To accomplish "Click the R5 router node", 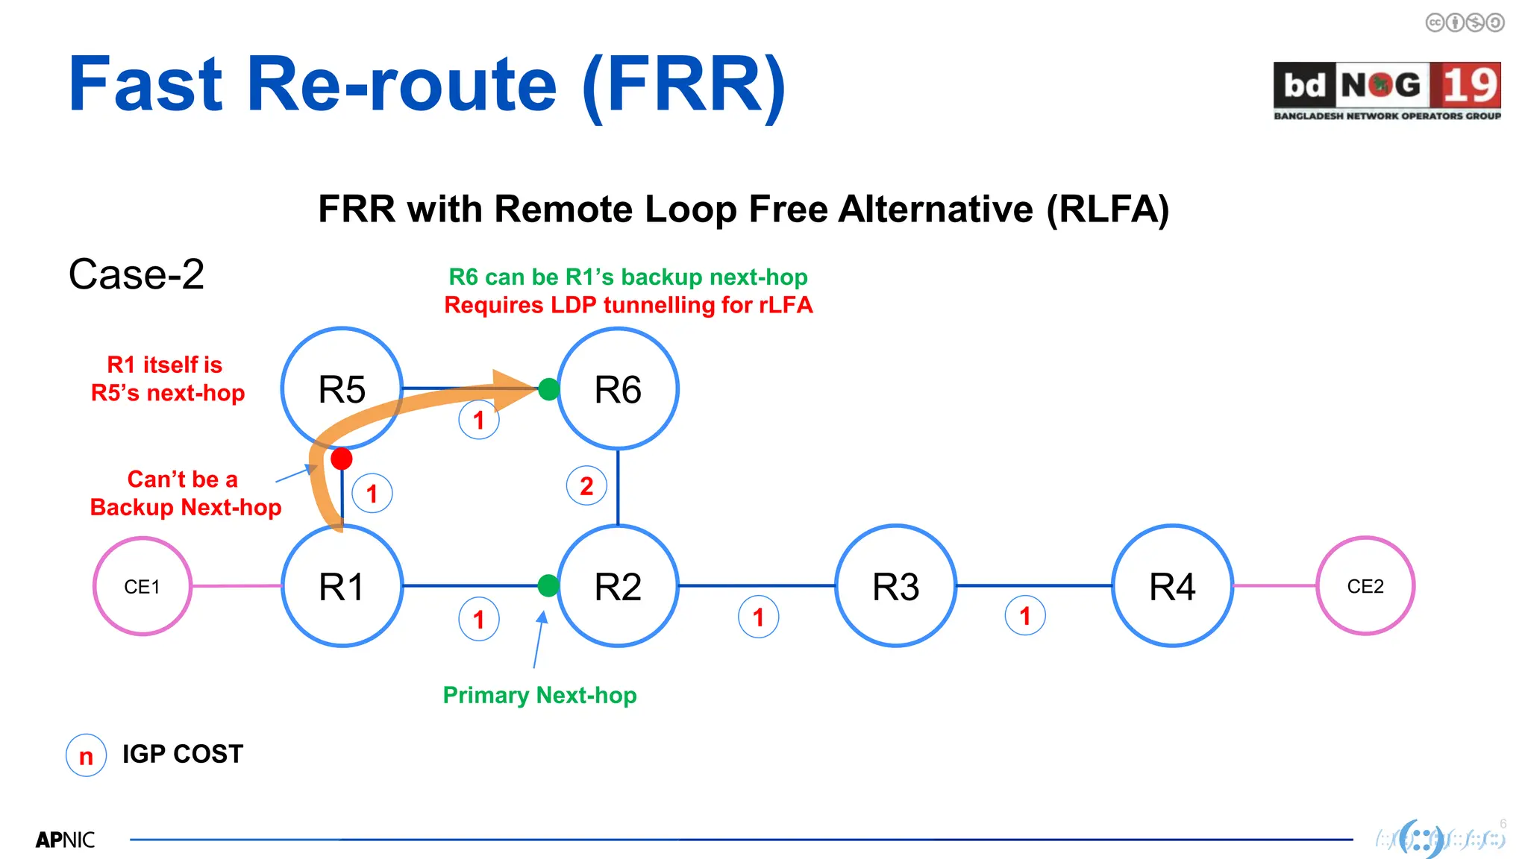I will [342, 388].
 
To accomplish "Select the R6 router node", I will [618, 388].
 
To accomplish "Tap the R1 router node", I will [342, 586].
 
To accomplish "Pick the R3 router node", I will [895, 586].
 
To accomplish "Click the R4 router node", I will [1172, 586].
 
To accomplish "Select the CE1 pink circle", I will [142, 586].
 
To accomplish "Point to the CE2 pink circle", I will [1365, 586].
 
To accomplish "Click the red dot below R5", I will [342, 459].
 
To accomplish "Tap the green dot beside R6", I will [549, 388].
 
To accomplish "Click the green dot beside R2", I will [548, 585].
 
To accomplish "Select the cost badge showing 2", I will [586, 486].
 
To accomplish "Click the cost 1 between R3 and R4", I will [1025, 616].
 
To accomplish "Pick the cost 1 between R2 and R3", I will [758, 617].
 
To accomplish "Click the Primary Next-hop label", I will [539, 695].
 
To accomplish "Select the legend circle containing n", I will [87, 755].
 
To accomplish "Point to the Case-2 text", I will [137, 274].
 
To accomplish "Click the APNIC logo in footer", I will [66, 840].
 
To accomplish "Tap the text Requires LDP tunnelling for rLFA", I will [628, 305].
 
